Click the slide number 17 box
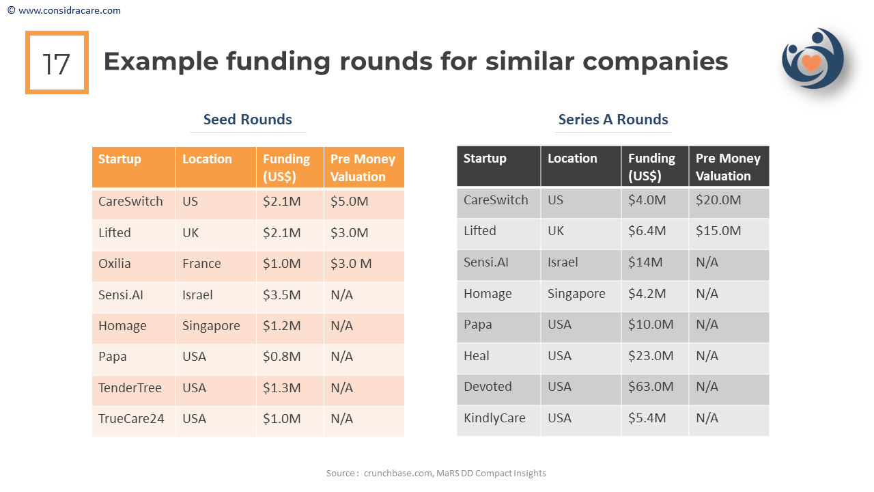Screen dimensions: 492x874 pyautogui.click(x=57, y=63)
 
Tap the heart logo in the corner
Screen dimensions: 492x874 pyautogui.click(x=812, y=60)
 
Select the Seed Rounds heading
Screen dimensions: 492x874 pyautogui.click(x=247, y=120)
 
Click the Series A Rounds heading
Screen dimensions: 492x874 pyautogui.click(x=613, y=120)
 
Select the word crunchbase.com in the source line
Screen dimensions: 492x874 pyautogui.click(x=398, y=473)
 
